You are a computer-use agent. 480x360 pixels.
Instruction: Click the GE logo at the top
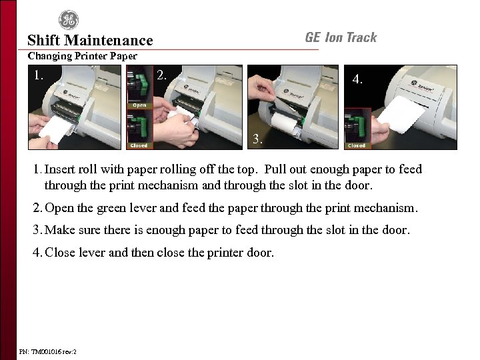pos(69,19)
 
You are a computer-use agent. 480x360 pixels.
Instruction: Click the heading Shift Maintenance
pos(90,41)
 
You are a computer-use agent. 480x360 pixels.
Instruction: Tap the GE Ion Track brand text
pos(341,38)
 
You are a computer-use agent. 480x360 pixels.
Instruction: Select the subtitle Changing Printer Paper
pos(82,57)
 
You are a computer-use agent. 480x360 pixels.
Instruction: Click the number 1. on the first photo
pos(39,75)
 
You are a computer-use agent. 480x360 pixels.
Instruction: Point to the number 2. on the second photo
pos(161,75)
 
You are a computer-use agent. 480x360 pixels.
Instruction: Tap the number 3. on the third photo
pos(257,141)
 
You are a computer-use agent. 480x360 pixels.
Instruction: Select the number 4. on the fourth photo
pos(358,79)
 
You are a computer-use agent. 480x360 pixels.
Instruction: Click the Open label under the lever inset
pos(139,105)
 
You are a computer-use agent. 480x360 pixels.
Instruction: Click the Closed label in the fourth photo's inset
pos(357,145)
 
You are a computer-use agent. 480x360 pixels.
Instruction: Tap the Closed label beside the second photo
pos(139,145)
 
